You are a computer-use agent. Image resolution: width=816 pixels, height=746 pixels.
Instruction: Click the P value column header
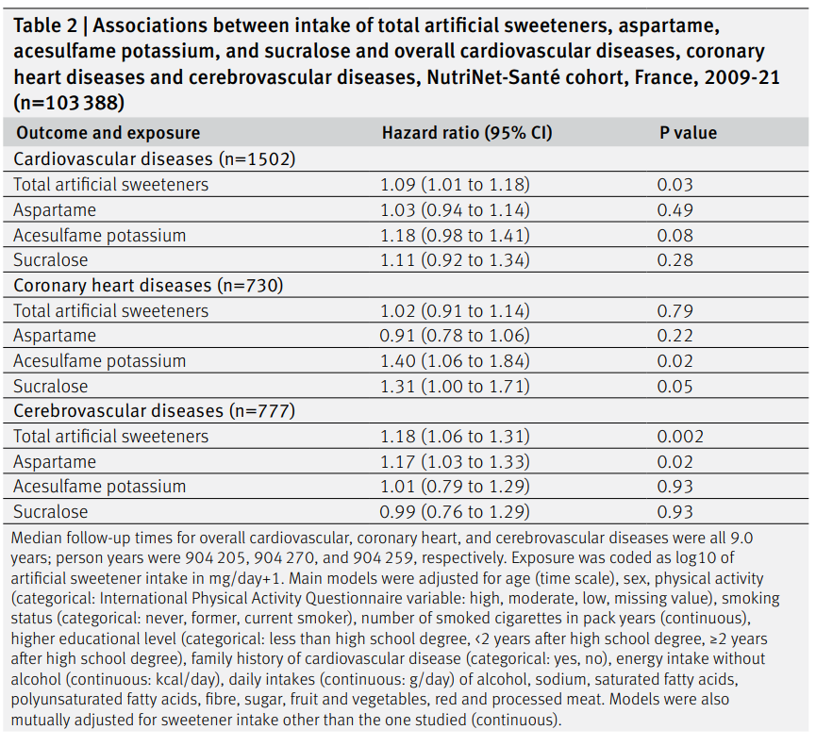[x=688, y=133]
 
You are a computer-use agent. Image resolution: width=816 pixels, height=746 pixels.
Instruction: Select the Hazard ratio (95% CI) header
[x=467, y=133]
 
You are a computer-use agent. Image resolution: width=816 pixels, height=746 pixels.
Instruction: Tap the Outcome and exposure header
[x=108, y=133]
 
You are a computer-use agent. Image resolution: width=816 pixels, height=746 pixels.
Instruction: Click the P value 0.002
[x=680, y=436]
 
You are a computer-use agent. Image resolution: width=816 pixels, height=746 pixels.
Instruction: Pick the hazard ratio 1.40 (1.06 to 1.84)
[x=455, y=360]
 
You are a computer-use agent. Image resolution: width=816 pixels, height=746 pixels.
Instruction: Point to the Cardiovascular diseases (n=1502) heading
[x=155, y=158]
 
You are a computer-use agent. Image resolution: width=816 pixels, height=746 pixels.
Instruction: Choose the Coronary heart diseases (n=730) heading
[x=148, y=285]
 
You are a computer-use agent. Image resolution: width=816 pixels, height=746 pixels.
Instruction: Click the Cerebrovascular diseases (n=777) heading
[x=155, y=411]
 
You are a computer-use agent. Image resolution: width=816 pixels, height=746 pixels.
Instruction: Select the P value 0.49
[x=675, y=209]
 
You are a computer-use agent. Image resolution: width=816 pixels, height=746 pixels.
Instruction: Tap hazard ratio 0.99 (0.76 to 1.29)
[x=455, y=511]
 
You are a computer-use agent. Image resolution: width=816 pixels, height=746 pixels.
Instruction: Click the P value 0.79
[x=675, y=310]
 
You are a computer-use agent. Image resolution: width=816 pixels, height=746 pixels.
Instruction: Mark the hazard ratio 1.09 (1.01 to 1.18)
[x=455, y=184]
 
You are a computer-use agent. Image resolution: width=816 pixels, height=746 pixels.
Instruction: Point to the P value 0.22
[x=675, y=336]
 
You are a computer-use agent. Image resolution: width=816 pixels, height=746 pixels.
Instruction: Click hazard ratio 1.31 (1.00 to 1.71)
[x=455, y=386]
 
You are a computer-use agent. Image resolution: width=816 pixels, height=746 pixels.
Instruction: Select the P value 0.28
[x=675, y=259]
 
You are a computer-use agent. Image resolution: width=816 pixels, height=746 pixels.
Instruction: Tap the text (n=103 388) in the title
[x=69, y=103]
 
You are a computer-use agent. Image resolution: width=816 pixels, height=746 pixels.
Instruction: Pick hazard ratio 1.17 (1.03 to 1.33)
[x=455, y=461]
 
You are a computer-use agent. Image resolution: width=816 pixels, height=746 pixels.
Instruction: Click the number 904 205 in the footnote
[x=215, y=557]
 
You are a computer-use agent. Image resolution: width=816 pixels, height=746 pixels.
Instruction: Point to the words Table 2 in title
[x=45, y=25]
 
